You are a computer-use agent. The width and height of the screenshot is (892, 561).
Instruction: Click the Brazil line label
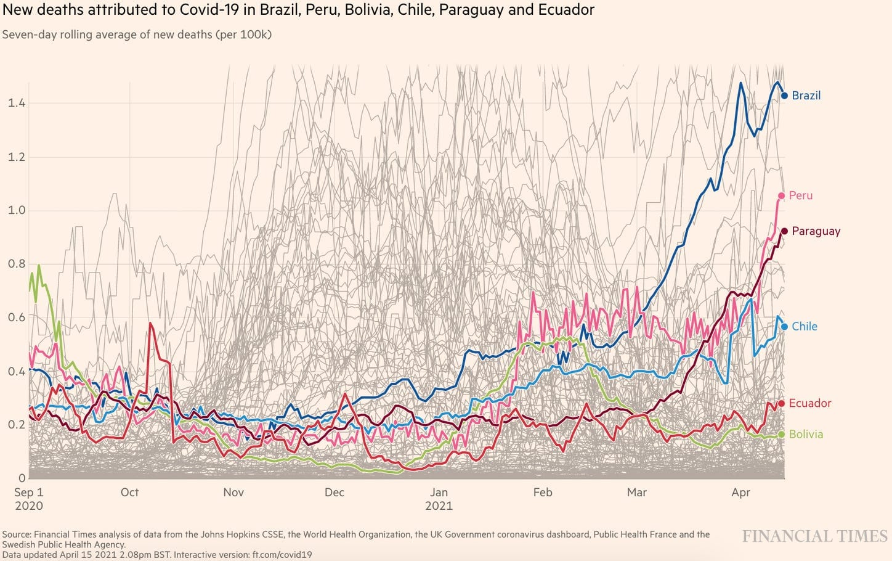[806, 96]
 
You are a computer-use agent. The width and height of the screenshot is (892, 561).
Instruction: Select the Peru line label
[800, 195]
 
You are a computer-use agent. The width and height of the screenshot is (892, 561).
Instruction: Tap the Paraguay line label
[816, 231]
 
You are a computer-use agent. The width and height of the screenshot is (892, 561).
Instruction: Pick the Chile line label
[804, 327]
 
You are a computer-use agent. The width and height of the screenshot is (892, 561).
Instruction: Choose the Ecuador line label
[809, 403]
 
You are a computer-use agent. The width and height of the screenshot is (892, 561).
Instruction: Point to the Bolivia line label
[806, 434]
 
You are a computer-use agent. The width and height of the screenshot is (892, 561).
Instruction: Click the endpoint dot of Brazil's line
[784, 96]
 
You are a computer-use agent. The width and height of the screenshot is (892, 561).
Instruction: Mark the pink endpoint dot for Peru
[782, 196]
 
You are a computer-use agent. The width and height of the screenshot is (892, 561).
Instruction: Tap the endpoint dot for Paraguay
[784, 231]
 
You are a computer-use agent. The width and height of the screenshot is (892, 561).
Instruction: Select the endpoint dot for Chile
[784, 327]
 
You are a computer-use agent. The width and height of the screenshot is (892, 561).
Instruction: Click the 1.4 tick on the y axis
[17, 103]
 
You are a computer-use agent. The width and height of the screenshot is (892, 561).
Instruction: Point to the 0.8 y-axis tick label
[17, 264]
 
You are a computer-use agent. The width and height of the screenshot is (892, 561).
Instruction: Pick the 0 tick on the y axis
[22, 478]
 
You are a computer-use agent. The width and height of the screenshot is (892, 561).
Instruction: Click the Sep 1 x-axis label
[29, 492]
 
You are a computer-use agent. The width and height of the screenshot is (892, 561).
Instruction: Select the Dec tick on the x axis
[334, 492]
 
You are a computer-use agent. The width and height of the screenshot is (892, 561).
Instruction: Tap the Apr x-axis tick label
[740, 492]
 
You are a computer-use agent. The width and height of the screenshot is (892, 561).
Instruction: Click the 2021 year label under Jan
[439, 506]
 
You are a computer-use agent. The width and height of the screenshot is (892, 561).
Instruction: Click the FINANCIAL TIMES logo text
[814, 536]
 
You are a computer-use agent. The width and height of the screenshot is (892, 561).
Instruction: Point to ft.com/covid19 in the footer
[282, 555]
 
